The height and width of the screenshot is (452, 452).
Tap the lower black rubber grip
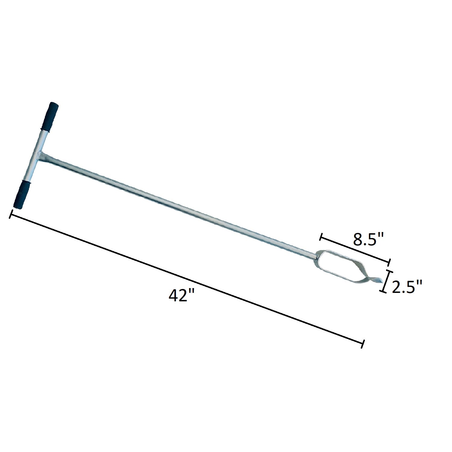pos(22,194)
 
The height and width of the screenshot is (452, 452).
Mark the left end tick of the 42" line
pos(11,215)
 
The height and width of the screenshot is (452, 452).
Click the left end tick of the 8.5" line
pos(322,237)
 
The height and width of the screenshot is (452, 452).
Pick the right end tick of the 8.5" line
pos(389,262)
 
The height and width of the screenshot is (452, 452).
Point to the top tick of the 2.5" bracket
pos(389,272)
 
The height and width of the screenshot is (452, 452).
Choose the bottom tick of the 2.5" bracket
pos(384,291)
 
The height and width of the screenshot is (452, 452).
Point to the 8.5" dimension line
pos(355,250)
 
